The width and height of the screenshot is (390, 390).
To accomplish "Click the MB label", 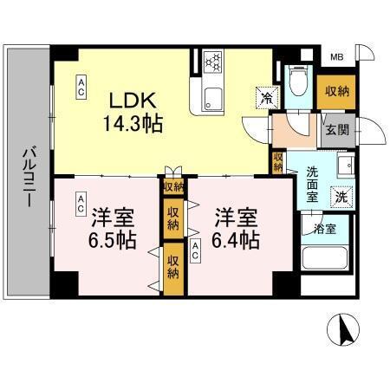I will pyautogui.click(x=336, y=59).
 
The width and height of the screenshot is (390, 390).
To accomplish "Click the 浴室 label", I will pyautogui.click(x=327, y=230).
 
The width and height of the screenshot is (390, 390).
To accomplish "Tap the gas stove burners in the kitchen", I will pyautogui.click(x=212, y=62).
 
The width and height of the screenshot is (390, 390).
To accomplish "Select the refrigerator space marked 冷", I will pyautogui.click(x=263, y=96).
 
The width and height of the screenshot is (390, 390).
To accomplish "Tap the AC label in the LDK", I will pyautogui.click(x=81, y=84).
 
